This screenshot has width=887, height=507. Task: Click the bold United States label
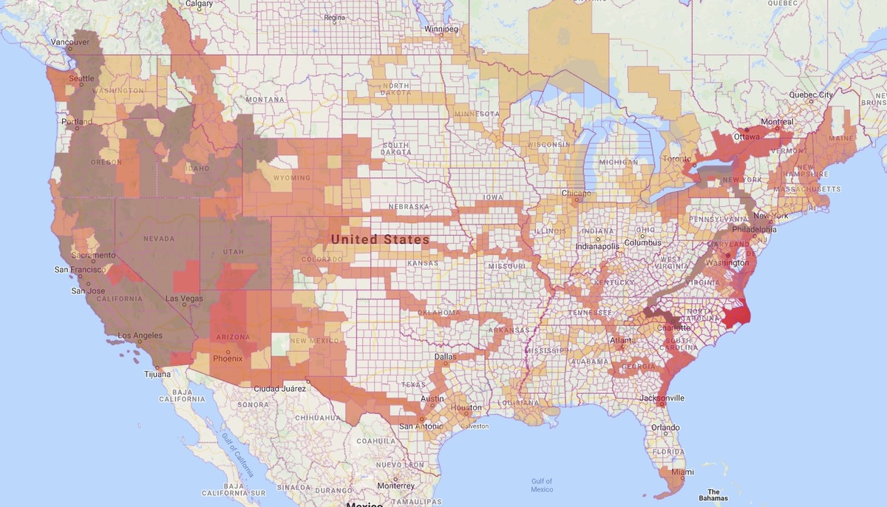(x=380, y=239)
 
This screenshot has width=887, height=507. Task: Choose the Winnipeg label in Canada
(x=442, y=30)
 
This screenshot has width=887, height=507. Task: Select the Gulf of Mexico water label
(x=542, y=485)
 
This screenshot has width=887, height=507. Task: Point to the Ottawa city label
(x=747, y=137)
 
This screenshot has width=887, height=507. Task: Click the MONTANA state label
(x=265, y=100)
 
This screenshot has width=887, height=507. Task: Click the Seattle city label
(x=81, y=78)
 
